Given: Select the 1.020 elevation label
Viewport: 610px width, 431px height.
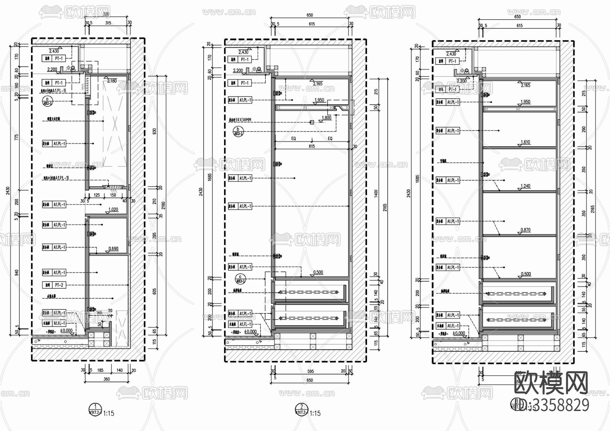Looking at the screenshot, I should pos(113,209).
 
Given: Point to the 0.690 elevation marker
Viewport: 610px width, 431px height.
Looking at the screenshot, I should pos(114,249).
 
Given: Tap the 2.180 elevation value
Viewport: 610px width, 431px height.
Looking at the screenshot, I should pos(112,81).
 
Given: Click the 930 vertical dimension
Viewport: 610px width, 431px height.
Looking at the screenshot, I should pos(155,132).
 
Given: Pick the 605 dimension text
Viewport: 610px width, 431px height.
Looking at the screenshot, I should pos(155,291).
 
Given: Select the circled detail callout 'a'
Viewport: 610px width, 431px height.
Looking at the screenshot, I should pos(47,101).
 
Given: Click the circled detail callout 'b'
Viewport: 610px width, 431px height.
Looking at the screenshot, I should pos(238,131).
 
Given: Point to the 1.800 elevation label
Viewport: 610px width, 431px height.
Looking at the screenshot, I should pos(326,118).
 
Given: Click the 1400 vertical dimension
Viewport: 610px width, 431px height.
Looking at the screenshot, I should pos(376,194).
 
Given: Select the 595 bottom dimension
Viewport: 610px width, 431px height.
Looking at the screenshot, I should pos(310,371).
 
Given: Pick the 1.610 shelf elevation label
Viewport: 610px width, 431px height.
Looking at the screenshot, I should pos(525,142).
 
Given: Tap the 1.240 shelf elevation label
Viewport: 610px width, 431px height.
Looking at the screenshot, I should pos(525,186).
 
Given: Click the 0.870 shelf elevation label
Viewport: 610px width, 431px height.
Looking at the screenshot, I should pos(525,230).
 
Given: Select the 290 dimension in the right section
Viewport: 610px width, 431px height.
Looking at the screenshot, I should pos(583,129).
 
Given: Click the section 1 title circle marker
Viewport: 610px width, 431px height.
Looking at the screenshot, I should pos(96,408).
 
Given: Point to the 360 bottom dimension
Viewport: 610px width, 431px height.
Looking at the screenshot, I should pos(106,379).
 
